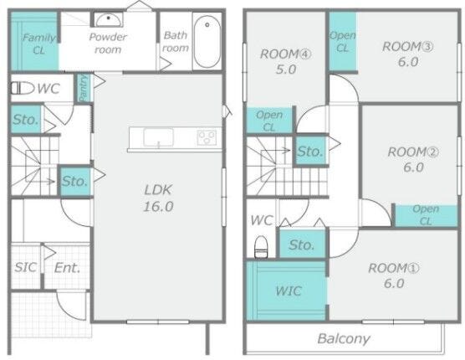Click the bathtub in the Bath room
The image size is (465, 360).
[x=207, y=41]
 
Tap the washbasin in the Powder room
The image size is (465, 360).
[x=109, y=20]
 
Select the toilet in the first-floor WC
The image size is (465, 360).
[x=23, y=88]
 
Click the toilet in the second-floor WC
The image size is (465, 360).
[x=261, y=246]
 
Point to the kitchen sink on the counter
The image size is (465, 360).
[x=158, y=137]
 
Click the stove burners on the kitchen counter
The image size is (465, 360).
[x=207, y=137]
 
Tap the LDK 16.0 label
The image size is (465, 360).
[x=158, y=198]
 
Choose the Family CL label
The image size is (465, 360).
[x=39, y=44]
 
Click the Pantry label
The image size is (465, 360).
[x=84, y=88]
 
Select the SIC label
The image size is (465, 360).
[x=26, y=267]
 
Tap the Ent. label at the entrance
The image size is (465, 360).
[x=67, y=268]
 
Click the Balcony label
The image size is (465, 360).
[x=344, y=338]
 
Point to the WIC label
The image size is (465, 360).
[x=289, y=291]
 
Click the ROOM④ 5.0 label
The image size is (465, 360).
[x=286, y=61]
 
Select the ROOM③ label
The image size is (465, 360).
[x=408, y=47]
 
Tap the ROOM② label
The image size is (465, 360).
[x=413, y=152]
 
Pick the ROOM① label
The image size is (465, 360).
[x=394, y=268]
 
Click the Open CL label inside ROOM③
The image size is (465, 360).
[x=343, y=42]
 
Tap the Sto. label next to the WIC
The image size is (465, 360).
[x=302, y=244]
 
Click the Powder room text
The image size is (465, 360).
[x=108, y=43]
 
